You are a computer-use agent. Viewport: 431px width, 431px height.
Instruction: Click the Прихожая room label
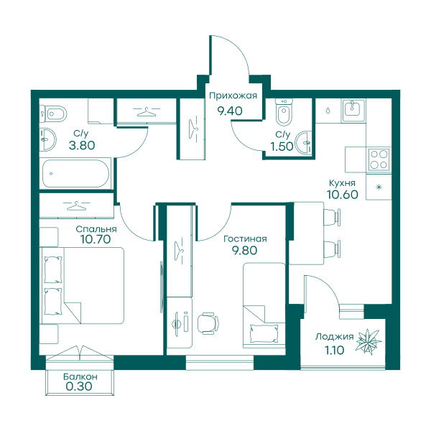tap(233, 96)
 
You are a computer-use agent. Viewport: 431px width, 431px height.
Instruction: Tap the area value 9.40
tap(230, 111)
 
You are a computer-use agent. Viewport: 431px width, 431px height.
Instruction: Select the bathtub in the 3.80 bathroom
tap(75, 174)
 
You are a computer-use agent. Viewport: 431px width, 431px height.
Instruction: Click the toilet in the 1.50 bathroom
tap(284, 113)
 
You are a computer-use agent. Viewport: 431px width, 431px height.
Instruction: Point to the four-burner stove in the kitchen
tap(379, 159)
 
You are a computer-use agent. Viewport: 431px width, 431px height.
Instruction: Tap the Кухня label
tap(342, 183)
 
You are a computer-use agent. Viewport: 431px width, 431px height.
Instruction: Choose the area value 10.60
tap(343, 195)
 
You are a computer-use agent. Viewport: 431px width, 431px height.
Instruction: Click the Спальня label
tap(96, 229)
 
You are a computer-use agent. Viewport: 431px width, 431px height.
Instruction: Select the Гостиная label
tap(245, 239)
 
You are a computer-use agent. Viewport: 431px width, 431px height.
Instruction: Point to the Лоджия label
tap(334, 337)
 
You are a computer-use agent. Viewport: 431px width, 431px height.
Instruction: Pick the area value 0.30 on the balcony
tap(79, 386)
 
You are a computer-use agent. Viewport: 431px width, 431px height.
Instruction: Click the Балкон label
tap(80, 376)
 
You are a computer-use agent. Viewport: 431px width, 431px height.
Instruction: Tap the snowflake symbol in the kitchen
tap(379, 187)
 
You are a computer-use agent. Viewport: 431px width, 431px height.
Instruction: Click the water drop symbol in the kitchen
tap(328, 111)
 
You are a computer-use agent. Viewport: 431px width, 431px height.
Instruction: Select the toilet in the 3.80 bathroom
tap(54, 113)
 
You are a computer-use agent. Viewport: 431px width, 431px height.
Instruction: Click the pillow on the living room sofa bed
tap(264, 333)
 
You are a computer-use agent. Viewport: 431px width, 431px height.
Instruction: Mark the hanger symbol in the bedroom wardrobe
tap(76, 205)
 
